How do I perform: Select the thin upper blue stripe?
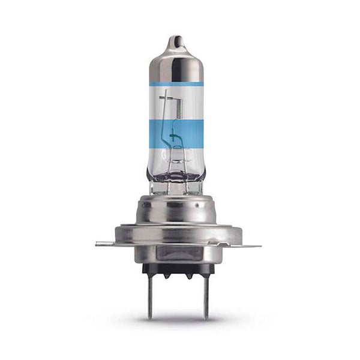[x=175, y=83]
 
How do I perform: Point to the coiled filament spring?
[x=176, y=107]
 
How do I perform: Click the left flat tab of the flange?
[x=105, y=244]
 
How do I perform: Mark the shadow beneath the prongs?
[x=177, y=321]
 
